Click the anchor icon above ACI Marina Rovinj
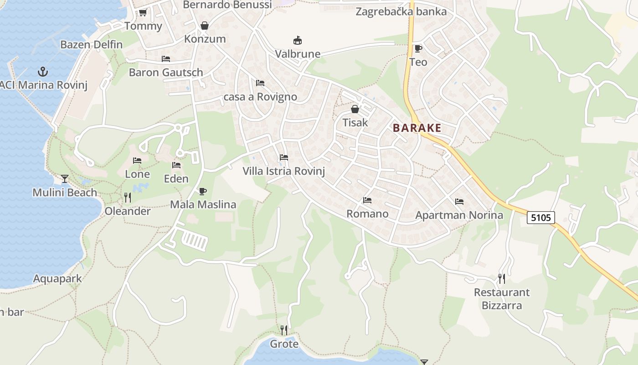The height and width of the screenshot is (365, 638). [42, 71]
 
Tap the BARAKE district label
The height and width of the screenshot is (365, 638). [417, 128]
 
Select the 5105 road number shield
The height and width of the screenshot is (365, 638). [541, 218]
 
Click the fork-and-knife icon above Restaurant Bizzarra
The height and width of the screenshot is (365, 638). [501, 278]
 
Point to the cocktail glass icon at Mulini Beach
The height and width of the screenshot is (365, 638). [65, 178]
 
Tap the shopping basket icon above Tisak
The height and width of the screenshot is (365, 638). [355, 109]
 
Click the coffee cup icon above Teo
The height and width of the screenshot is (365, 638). [418, 48]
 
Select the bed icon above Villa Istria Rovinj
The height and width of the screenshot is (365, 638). [284, 157]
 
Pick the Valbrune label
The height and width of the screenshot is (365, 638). [298, 54]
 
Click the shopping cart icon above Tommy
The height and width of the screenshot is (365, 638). [143, 12]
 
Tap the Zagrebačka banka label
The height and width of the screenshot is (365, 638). [401, 11]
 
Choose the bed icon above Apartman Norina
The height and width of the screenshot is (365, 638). [459, 201]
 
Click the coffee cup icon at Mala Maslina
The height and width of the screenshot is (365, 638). [203, 191]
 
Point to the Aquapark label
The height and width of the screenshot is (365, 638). [57, 278]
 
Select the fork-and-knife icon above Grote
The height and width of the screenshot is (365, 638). [284, 330]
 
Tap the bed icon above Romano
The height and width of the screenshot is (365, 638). [367, 200]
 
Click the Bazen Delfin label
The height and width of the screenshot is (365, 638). [92, 44]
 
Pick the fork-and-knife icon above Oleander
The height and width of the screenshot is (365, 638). [128, 197]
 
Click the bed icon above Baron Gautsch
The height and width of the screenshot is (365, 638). [166, 59]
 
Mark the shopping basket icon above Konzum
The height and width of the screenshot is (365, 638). [205, 26]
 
